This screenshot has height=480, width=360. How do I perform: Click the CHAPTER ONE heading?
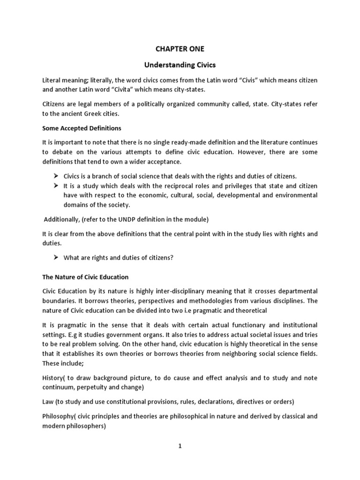(x=180, y=48)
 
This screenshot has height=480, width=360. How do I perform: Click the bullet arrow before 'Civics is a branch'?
(x=55, y=176)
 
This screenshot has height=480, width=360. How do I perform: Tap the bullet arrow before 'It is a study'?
(x=55, y=186)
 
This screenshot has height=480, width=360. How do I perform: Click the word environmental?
(x=294, y=195)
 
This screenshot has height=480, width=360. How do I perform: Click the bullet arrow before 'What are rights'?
(x=55, y=258)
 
